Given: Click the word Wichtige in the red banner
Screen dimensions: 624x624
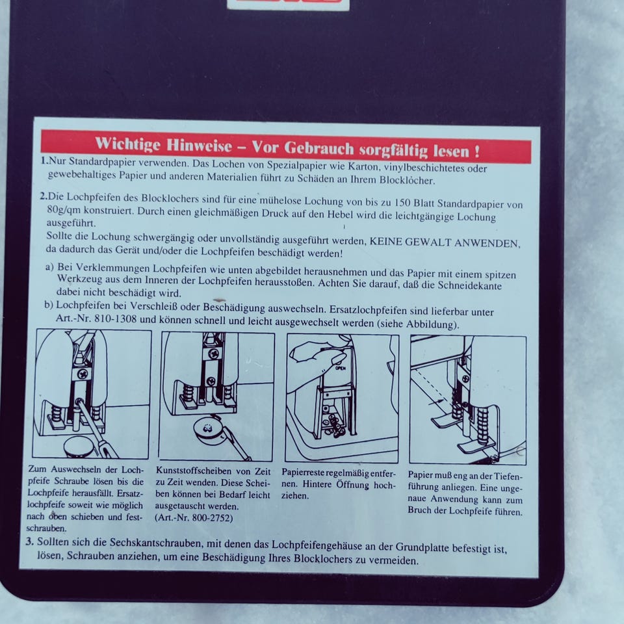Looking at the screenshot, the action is pos(128,143).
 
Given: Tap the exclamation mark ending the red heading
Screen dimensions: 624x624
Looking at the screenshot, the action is pos(476,151).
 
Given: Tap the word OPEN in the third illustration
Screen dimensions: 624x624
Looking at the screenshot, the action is pos(340,368).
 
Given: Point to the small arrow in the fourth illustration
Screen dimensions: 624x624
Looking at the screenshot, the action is pos(436,402).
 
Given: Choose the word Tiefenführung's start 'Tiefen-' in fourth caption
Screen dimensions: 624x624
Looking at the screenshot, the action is pos(508,476).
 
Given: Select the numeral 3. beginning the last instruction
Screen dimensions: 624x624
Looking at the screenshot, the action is pos(29,541).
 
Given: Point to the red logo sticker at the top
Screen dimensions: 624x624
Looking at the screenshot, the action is pos(288,4).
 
